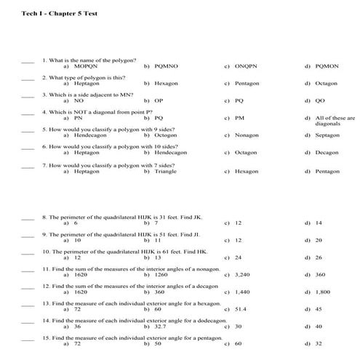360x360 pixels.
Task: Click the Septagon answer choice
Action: [x=327, y=135]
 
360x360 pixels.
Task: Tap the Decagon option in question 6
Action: [x=327, y=153]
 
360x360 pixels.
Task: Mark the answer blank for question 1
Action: [x=28, y=60]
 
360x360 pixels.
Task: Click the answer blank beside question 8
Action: [x=28, y=217]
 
